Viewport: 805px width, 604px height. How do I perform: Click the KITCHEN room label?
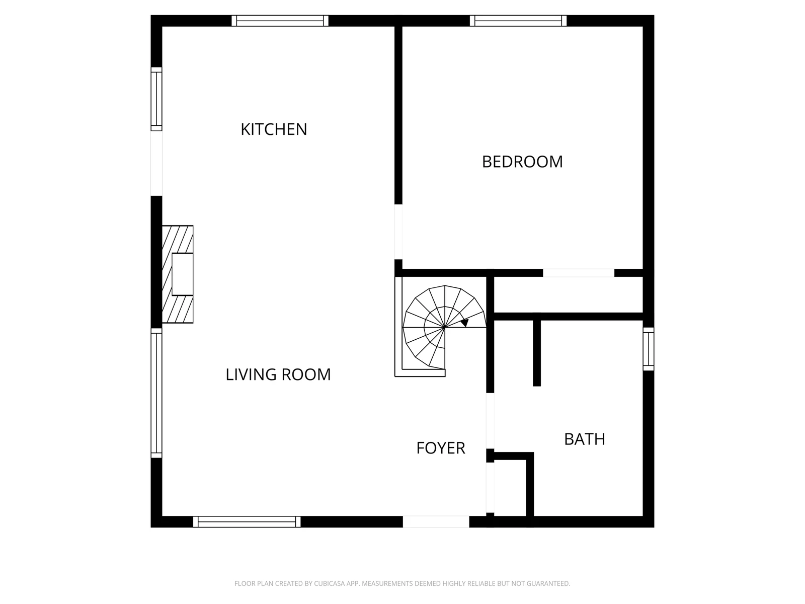coord(274,129)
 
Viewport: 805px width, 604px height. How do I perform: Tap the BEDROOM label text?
coord(522,162)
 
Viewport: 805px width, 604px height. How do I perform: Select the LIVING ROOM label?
coord(278,374)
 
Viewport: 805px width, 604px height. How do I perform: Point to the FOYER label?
coord(440,448)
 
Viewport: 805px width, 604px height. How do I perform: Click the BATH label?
coord(584,439)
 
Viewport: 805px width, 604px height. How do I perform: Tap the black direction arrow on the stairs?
coord(465,323)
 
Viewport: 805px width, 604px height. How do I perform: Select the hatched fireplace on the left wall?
coord(178,274)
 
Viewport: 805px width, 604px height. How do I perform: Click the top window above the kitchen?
coord(280,21)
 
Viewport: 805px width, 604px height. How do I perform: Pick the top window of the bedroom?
coord(518,21)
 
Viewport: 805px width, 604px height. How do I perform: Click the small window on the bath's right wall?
coord(649,349)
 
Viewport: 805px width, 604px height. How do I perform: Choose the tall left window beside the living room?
coord(156,393)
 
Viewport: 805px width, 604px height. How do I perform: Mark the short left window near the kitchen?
coord(156,99)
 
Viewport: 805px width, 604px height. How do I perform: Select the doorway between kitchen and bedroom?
coord(398,232)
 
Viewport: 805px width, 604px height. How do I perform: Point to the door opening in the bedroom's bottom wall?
coord(579,273)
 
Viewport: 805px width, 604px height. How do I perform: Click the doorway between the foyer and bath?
coord(490,421)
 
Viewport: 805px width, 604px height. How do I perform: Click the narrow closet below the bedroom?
coord(569,295)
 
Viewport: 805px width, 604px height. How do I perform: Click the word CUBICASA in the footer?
coord(330,583)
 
